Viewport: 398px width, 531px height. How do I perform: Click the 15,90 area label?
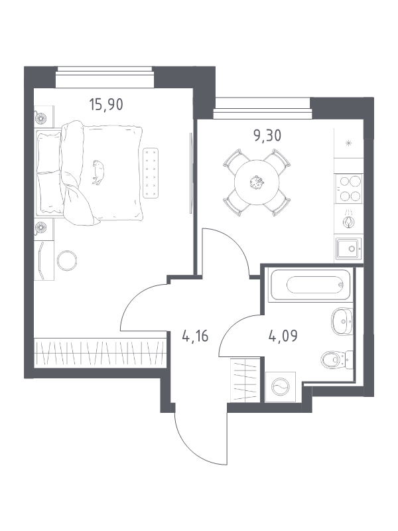[x=106, y=104]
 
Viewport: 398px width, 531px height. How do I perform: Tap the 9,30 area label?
[x=267, y=137]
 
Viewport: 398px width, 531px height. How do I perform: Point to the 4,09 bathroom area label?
[x=282, y=335]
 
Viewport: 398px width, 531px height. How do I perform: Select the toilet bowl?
[x=335, y=360]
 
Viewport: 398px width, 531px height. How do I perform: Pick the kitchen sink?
[x=347, y=248]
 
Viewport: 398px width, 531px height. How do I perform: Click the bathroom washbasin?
[x=342, y=323]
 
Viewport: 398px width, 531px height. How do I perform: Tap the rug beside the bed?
[x=151, y=172]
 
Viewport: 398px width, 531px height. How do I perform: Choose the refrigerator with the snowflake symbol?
[x=348, y=143]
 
